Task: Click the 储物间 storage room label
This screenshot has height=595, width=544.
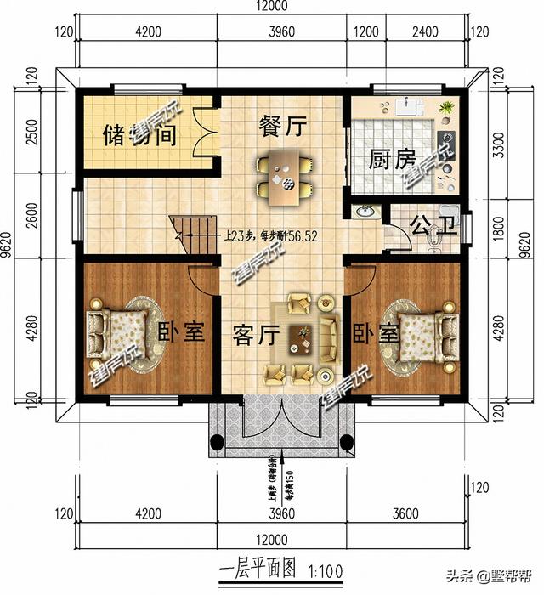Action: pyautogui.click(x=139, y=134)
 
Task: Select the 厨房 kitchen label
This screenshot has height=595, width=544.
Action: pyautogui.click(x=391, y=160)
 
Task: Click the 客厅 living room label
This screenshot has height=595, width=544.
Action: pyautogui.click(x=256, y=335)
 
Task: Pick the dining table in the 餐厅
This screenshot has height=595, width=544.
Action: pyautogui.click(x=283, y=173)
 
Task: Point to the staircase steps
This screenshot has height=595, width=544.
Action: pyautogui.click(x=192, y=234)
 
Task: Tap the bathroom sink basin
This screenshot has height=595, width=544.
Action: pyautogui.click(x=365, y=212)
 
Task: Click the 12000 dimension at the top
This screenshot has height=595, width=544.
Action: pyautogui.click(x=272, y=7)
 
